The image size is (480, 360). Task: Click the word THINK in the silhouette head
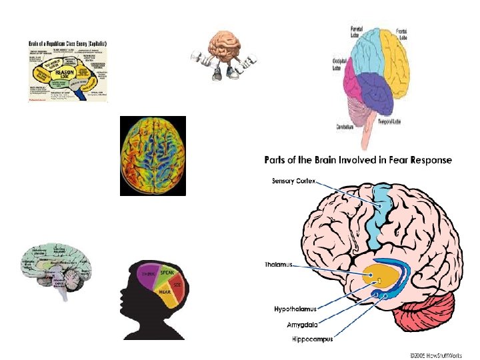pos(148,274)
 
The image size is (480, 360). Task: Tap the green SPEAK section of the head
pos(167,273)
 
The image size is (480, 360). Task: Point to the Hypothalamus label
pos(295,309)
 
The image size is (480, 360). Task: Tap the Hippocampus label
pos(303,339)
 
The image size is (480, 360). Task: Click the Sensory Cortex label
pos(293,181)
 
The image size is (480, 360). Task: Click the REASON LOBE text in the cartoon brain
pos(64,71)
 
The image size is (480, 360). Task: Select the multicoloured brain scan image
pos(153,156)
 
